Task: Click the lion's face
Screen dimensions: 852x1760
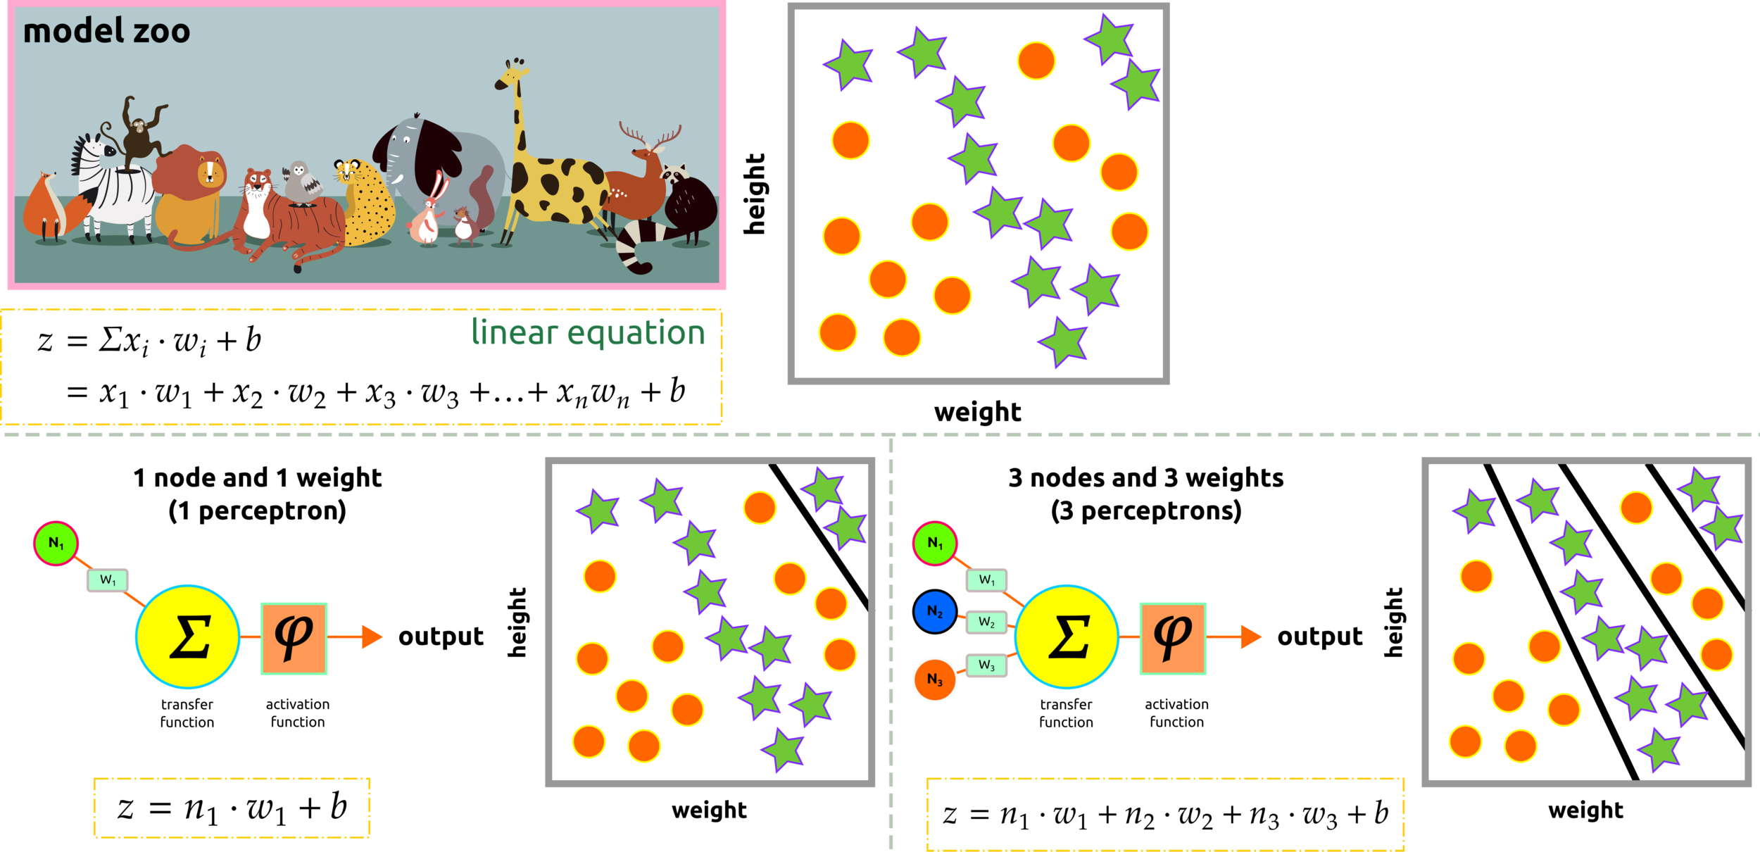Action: (210, 173)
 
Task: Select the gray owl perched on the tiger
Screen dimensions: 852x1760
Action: (302, 183)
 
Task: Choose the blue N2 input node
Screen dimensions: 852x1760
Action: (934, 612)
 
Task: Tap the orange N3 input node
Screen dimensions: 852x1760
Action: (934, 679)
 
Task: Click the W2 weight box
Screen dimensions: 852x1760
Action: (986, 622)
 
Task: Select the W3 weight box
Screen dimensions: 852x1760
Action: (986, 665)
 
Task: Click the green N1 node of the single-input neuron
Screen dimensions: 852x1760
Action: (56, 544)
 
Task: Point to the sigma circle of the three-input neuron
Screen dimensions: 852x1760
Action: (1067, 637)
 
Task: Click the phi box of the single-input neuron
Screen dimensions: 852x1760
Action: (294, 639)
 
